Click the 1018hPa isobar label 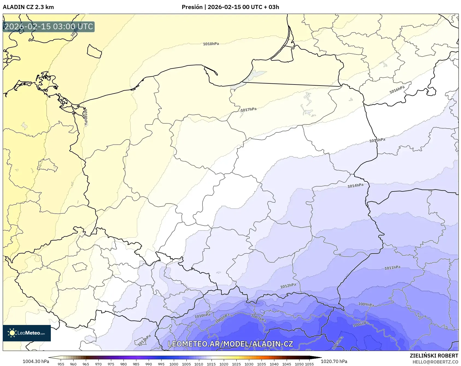[x=211, y=44]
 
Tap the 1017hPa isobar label [x=248, y=110]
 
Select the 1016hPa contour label [x=397, y=89]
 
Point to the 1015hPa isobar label [x=377, y=140]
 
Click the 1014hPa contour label [x=355, y=185]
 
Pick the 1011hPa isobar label [x=392, y=268]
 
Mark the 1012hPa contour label [x=288, y=286]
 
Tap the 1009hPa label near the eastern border [x=366, y=304]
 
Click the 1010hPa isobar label [x=202, y=316]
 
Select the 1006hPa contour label [x=361, y=324]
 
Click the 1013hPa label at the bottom [x=144, y=340]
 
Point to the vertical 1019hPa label [x=86, y=117]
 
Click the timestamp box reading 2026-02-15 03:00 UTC [x=49, y=27]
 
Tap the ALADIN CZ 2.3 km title [x=28, y=7]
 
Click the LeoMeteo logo [x=27, y=333]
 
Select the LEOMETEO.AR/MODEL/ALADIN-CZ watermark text [x=230, y=344]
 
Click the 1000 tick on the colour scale [x=174, y=364]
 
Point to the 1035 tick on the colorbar [x=261, y=364]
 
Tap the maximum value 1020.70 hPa [x=334, y=361]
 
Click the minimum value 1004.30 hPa [x=36, y=361]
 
